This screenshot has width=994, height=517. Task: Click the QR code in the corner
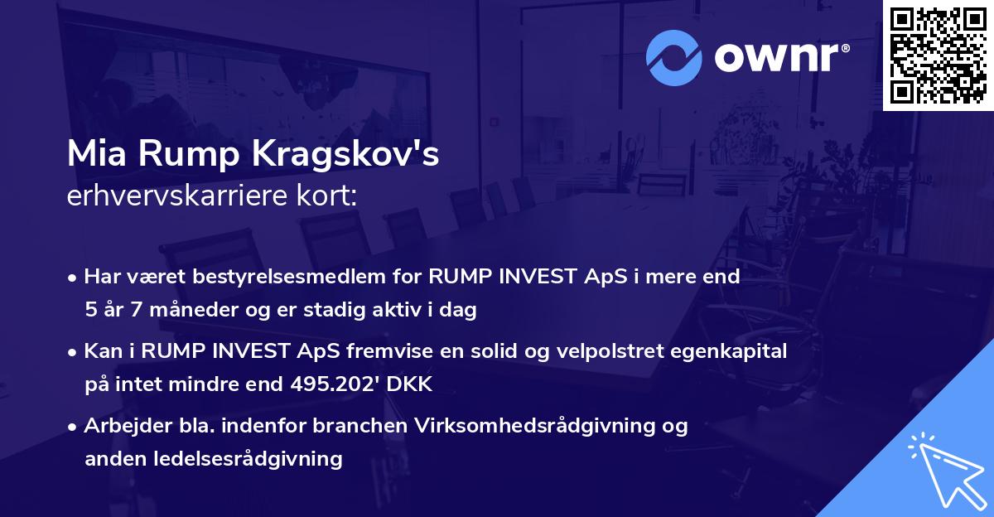938,55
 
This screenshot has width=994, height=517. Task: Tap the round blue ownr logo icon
673,57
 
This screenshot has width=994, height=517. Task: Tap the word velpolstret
610,352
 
